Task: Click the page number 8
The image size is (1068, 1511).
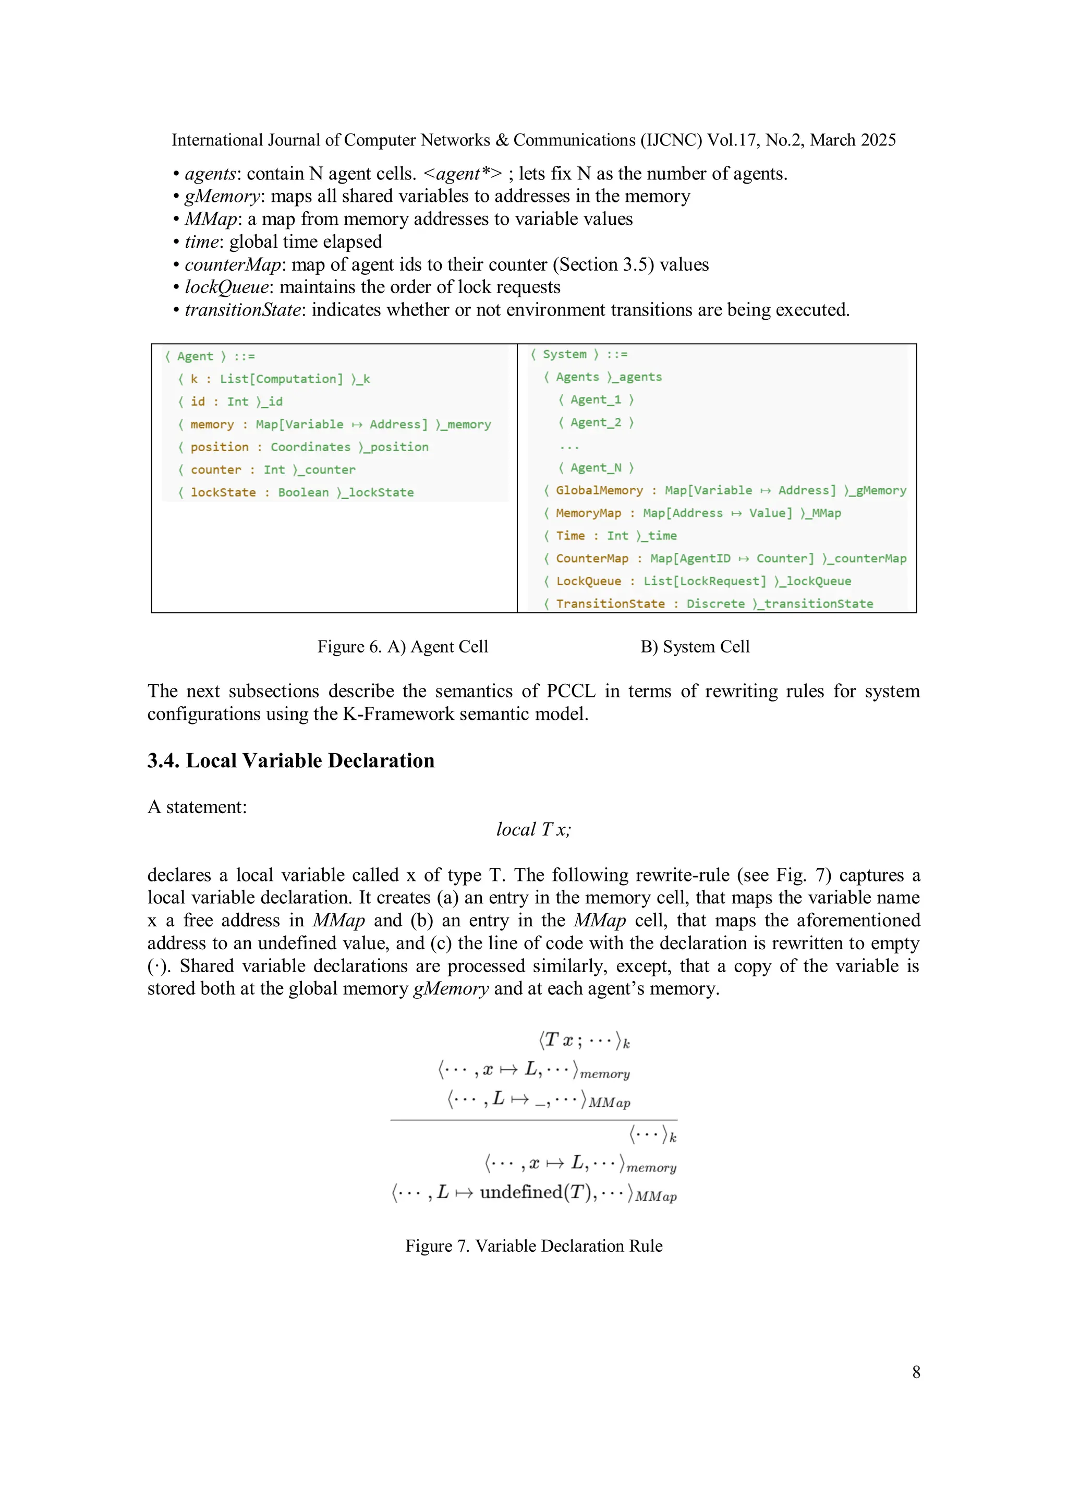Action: click(915, 1372)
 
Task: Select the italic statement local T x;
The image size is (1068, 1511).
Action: click(533, 829)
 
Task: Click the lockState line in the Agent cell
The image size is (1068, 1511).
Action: click(296, 492)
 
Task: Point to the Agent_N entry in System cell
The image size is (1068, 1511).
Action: click(596, 467)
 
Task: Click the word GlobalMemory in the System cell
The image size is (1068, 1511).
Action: click(599, 490)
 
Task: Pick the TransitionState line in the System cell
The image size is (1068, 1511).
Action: click(708, 603)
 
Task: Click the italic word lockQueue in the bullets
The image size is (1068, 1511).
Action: click(227, 287)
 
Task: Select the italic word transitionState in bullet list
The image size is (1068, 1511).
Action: click(243, 310)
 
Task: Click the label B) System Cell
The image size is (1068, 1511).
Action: click(695, 646)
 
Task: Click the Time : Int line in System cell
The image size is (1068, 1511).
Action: click(610, 536)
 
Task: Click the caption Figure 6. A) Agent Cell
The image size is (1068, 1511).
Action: click(402, 646)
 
